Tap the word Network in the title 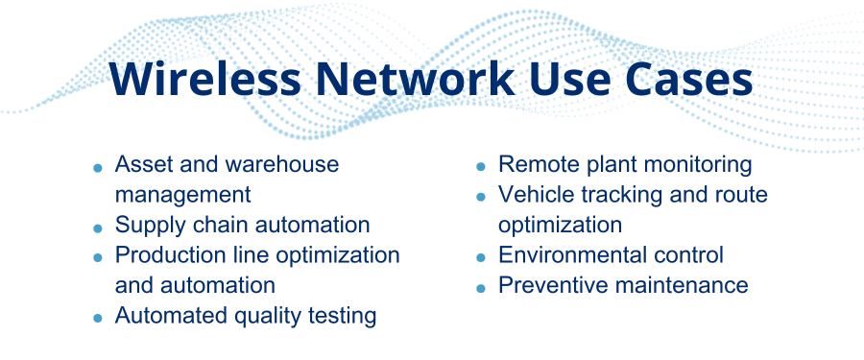(x=413, y=80)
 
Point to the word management (x=182, y=195)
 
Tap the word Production (x=168, y=255)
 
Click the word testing (x=341, y=316)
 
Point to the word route (x=741, y=195)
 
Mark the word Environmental (x=574, y=255)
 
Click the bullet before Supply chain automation (x=97, y=228)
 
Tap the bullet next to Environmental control (x=480, y=258)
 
